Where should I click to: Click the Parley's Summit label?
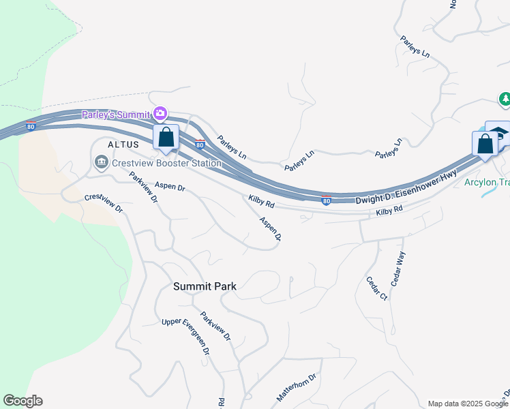tap(117, 114)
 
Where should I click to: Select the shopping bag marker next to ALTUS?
tap(166, 138)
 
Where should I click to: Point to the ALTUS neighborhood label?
tap(123, 145)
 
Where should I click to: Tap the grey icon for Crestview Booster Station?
tap(101, 162)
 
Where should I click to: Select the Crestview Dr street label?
tap(103, 202)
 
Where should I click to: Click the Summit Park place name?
tap(205, 286)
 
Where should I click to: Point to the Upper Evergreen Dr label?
tap(185, 335)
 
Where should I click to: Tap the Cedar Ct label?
tap(376, 288)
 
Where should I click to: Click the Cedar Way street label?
tap(397, 265)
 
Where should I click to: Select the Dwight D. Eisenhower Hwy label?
tap(406, 187)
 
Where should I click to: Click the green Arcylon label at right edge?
tap(486, 182)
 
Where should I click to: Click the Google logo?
tap(22, 401)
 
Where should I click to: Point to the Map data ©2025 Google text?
tap(468, 404)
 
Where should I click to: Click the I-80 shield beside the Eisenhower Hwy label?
tap(326, 200)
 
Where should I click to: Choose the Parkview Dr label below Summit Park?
tap(215, 327)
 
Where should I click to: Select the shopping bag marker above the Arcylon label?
tap(485, 145)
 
